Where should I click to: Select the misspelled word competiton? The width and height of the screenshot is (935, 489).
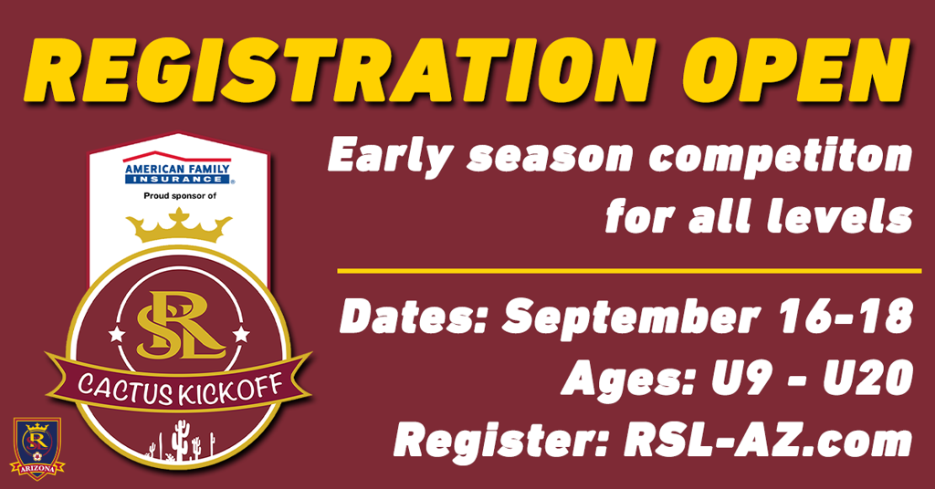pyautogui.click(x=781, y=156)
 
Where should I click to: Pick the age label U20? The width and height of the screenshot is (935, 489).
pyautogui.click(x=867, y=378)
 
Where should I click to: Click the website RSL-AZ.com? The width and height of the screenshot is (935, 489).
pyautogui.click(x=768, y=440)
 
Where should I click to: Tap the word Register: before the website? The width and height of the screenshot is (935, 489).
pyautogui.click(x=501, y=441)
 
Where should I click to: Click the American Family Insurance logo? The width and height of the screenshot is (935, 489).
pyautogui.click(x=178, y=168)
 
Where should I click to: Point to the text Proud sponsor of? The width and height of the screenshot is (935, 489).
pyautogui.click(x=180, y=195)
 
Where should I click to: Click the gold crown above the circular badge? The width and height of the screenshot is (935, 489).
pyautogui.click(x=179, y=225)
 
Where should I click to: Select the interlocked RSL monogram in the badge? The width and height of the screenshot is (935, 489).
pyautogui.click(x=179, y=326)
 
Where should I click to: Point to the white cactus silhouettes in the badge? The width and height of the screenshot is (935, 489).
pyautogui.click(x=180, y=440)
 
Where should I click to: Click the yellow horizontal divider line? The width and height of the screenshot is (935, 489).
pyautogui.click(x=629, y=271)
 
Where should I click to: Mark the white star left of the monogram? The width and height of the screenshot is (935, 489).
pyautogui.click(x=117, y=334)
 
